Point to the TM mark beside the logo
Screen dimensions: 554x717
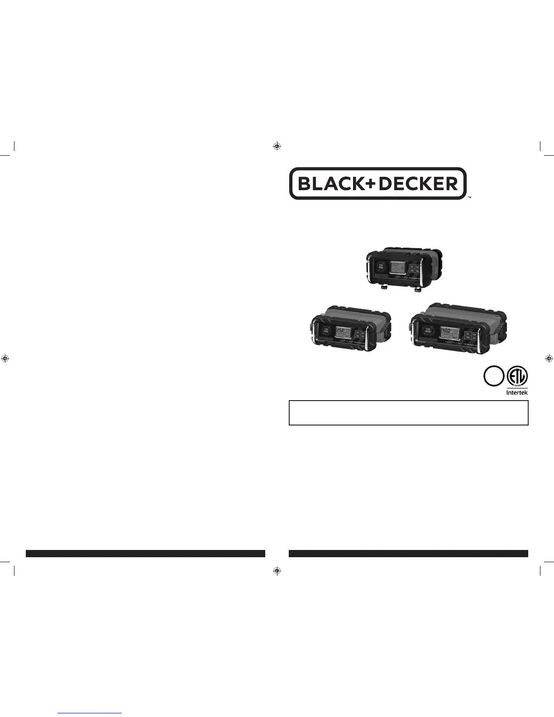pos(469,198)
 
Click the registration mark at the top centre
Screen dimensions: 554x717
pos(277,146)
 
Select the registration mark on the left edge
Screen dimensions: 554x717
pos(5,358)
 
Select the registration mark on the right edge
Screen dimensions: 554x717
pos(549,358)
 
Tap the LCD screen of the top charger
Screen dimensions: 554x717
pos(397,267)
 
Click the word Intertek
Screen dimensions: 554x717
pos(516,392)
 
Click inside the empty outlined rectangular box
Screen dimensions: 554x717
pos(408,412)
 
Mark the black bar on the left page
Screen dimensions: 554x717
pos(145,553)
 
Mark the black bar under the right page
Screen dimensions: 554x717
pos(408,553)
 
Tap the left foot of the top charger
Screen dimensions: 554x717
pos(383,287)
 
